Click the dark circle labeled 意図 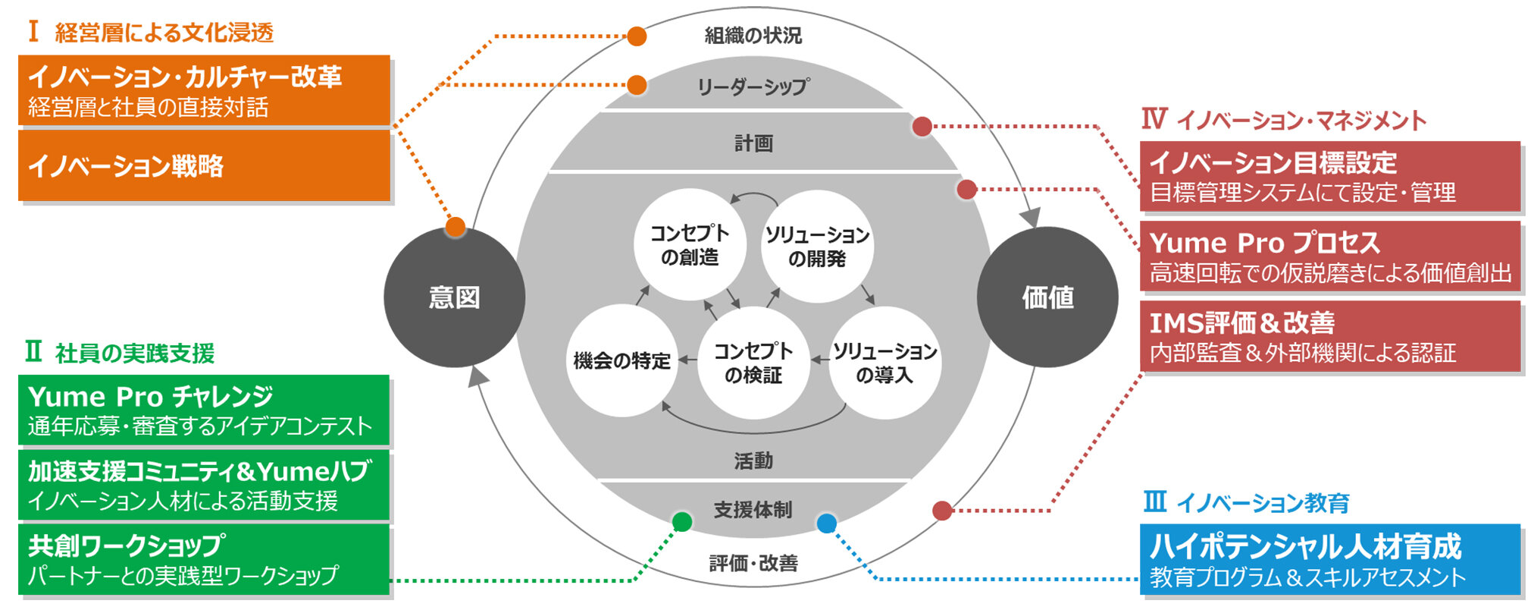point(454,297)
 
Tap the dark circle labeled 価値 point(1047,297)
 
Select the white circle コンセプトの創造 point(689,244)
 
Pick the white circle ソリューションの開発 point(817,247)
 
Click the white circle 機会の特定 point(622,361)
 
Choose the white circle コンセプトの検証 point(753,363)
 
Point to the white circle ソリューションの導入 point(884,363)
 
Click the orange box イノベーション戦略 point(204,166)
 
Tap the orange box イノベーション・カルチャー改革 point(204,90)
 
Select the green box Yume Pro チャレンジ point(203,410)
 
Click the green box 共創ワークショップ point(203,560)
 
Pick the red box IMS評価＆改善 point(1330,336)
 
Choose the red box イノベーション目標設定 point(1330,176)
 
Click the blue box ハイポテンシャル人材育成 point(1330,559)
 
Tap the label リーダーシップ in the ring point(753,86)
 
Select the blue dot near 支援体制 point(826,523)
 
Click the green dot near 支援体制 point(682,522)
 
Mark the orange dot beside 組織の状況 point(637,36)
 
